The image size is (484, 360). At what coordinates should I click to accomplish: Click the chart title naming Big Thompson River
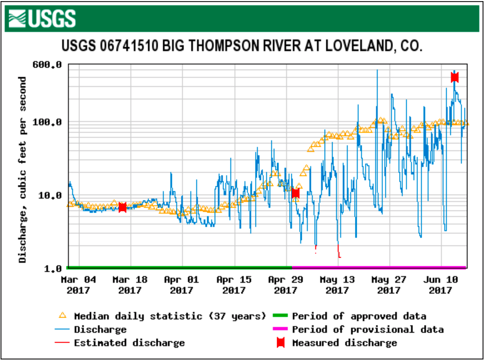click(241, 46)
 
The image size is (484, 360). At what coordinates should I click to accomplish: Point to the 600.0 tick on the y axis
click(49, 65)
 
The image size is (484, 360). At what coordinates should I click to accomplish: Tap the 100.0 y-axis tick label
click(49, 122)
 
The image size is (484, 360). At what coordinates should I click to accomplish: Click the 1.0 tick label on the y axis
click(53, 269)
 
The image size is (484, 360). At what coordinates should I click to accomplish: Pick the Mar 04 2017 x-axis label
click(78, 284)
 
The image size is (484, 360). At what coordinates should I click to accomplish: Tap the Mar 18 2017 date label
click(130, 284)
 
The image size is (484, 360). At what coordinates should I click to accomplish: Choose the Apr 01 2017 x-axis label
click(182, 284)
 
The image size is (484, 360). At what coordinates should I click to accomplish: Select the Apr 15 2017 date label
click(234, 284)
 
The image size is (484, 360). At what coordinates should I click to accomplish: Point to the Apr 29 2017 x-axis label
click(285, 284)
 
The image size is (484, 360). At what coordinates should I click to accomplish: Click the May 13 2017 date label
click(337, 284)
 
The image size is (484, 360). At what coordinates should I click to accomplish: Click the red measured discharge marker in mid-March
click(123, 207)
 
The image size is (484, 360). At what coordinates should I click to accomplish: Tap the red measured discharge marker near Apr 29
click(295, 193)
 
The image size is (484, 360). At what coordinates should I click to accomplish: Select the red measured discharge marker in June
click(455, 77)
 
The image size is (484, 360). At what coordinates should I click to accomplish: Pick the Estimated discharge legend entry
click(129, 343)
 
